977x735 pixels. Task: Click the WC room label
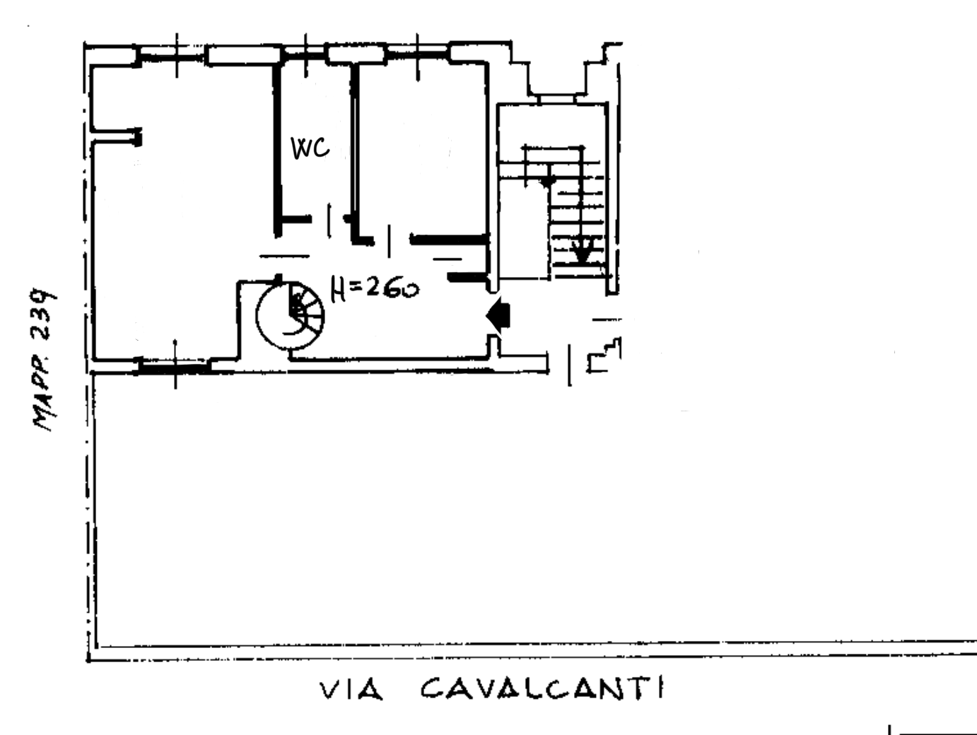pos(310,148)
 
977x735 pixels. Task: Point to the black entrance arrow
pos(499,314)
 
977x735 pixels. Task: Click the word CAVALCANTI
pos(542,688)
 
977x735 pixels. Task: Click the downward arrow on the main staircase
pos(582,249)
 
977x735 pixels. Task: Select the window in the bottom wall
pos(175,366)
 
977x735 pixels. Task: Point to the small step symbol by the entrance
pos(604,357)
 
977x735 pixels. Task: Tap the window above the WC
pos(305,54)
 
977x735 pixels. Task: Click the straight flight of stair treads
pos(578,219)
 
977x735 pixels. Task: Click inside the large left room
pos(180,212)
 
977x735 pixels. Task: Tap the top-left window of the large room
pos(174,54)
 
